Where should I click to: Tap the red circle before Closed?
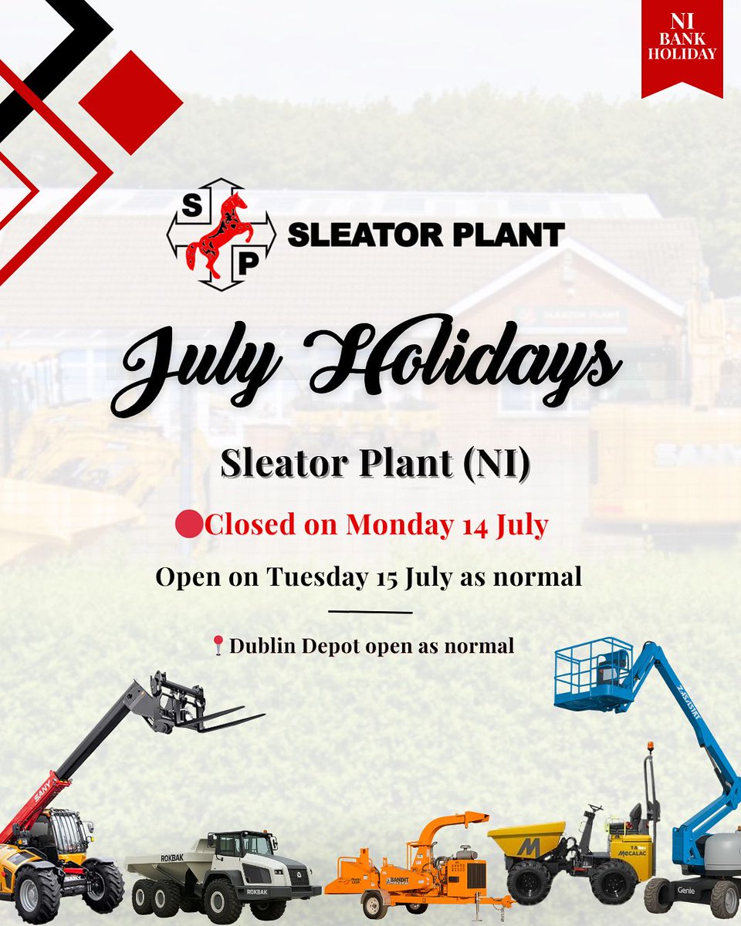click(189, 525)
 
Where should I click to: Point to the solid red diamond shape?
click(130, 102)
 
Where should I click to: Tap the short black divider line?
click(370, 613)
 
